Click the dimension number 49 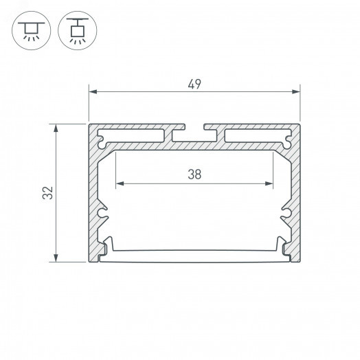[194, 84]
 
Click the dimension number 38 [194, 175]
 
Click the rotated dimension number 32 [48, 192]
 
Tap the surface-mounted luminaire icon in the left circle [32, 32]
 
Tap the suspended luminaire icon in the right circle [78, 30]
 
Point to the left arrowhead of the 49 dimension [93, 92]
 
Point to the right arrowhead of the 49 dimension [296, 92]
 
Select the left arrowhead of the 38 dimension [120, 183]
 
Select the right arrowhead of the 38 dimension [269, 183]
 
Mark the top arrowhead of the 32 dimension [56, 128]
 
